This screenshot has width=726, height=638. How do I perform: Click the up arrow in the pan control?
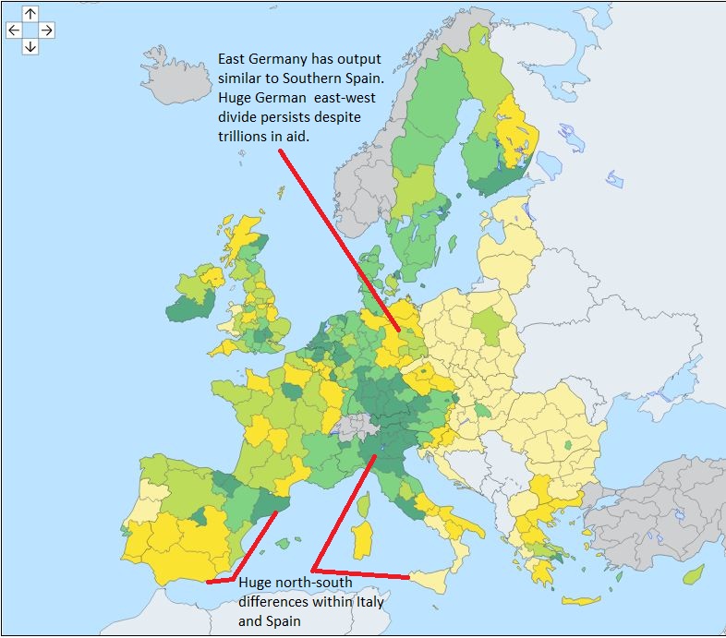pyautogui.click(x=30, y=14)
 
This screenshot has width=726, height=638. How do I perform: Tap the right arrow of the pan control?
pyautogui.click(x=46, y=30)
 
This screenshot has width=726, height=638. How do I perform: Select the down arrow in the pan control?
pyautogui.click(x=30, y=46)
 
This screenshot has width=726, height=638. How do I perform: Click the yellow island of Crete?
pyautogui.click(x=582, y=601)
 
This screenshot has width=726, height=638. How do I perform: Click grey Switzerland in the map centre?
pyautogui.click(x=355, y=426)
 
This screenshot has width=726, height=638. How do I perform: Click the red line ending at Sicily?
pyautogui.click(x=360, y=573)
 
